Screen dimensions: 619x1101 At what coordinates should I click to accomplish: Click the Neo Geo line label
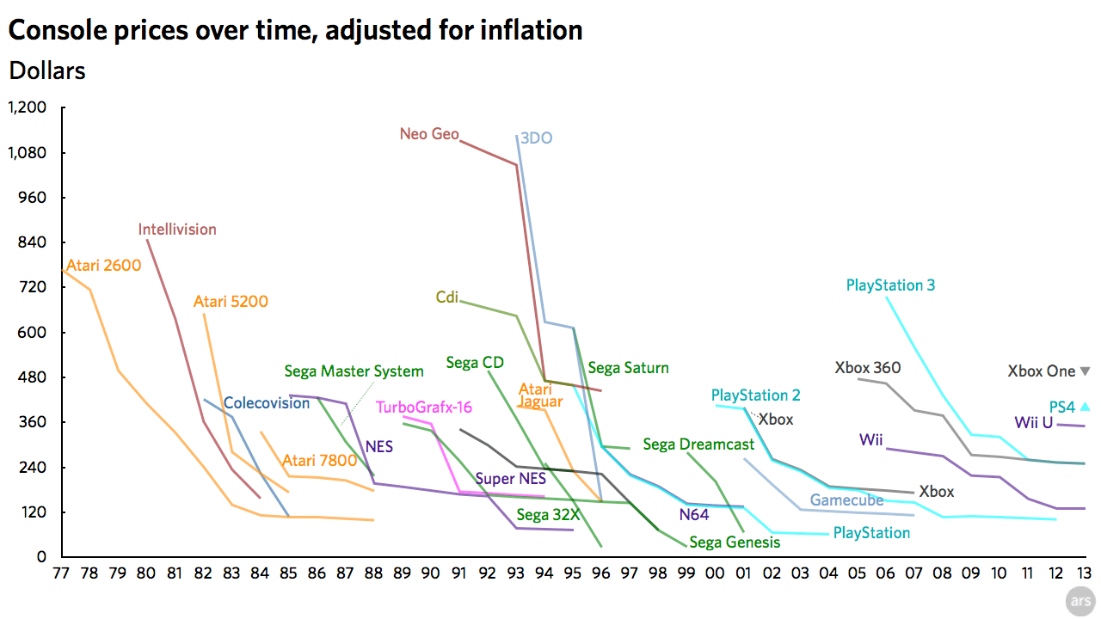pos(429,134)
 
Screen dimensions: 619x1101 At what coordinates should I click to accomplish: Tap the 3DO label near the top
pos(537,138)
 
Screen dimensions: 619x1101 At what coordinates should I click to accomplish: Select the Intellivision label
pos(177,230)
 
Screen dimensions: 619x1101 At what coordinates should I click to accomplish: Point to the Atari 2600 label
pos(103,266)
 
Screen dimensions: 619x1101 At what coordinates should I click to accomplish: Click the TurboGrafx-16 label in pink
pos(424,408)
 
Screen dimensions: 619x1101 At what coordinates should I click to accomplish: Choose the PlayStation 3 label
pos(890,285)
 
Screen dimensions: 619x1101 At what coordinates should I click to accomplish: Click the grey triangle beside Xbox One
pos(1085,371)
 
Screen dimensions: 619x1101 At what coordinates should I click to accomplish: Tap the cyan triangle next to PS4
pos(1085,407)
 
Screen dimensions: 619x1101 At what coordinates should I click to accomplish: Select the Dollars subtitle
pos(47,70)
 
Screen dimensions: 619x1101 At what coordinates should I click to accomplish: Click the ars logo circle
pos(1080,602)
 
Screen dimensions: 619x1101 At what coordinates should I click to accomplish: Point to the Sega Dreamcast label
pos(698,444)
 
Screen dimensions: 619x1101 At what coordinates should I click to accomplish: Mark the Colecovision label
pos(267,403)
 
